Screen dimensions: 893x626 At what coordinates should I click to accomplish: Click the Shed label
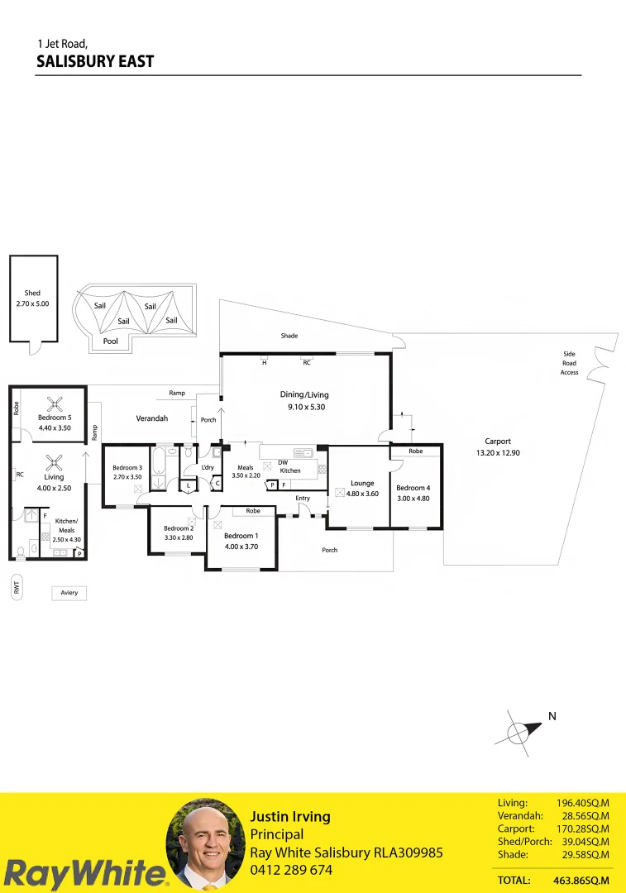point(32,294)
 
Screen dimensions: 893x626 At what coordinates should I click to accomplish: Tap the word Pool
point(110,341)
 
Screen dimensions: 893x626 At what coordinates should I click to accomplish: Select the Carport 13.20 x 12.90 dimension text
point(498,452)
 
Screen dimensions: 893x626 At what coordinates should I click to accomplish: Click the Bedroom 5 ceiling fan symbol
point(55,404)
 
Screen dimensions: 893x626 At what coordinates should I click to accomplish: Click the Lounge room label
point(362,484)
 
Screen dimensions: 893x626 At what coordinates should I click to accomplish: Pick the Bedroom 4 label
point(413,488)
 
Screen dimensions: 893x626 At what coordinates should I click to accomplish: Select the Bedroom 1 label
point(241,536)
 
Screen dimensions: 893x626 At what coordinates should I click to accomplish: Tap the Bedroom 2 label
point(179,528)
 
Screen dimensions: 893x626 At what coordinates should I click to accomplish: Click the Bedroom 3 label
point(127,468)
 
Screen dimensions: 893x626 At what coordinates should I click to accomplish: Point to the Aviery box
point(69,593)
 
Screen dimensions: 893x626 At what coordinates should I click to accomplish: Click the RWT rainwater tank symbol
point(16,588)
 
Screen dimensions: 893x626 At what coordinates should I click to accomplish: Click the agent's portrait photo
point(203,845)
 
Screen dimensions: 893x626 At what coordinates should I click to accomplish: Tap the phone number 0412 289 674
point(291,870)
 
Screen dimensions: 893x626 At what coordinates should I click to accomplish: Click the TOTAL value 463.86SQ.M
point(581,881)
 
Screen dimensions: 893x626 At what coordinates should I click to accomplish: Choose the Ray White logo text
point(83,873)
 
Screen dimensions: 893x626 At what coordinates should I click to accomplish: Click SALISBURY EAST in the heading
point(96,61)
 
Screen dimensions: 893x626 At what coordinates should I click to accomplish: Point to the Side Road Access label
point(569,363)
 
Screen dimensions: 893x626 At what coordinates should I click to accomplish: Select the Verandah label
point(152,418)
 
